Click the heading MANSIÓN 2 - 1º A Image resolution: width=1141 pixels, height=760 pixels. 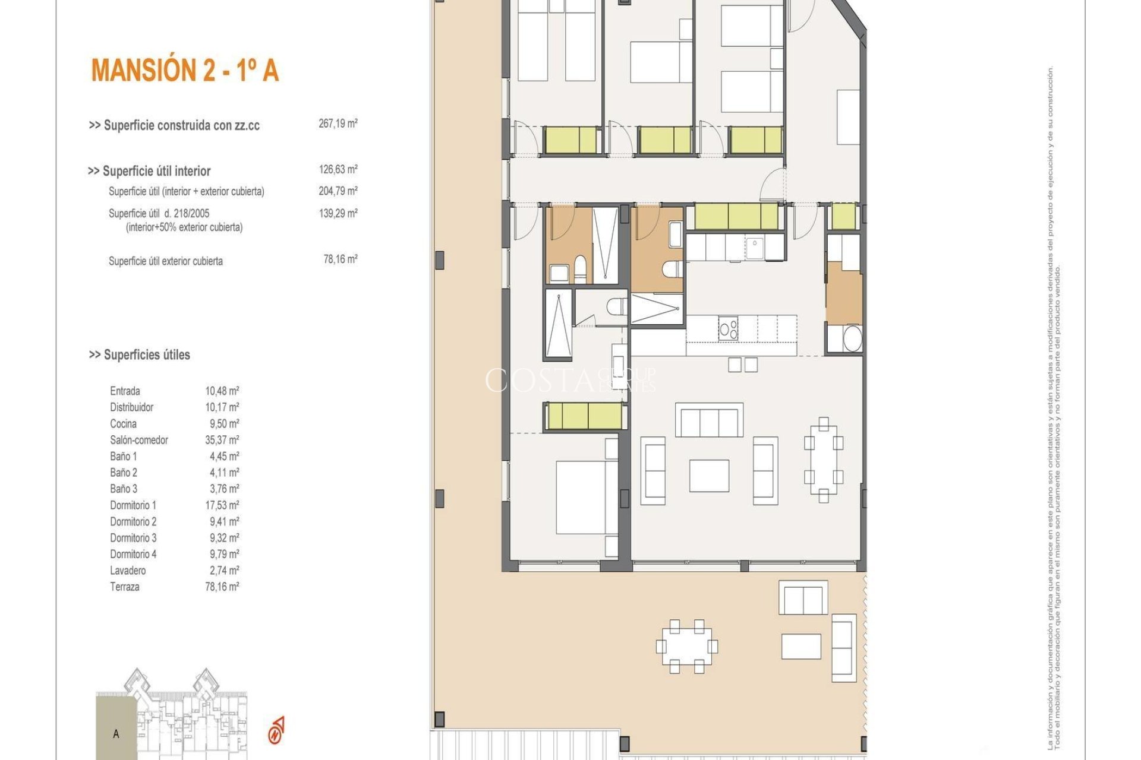click(185, 70)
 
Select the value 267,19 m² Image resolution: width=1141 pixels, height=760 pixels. click(338, 123)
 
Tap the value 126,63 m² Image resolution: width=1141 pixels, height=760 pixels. click(338, 169)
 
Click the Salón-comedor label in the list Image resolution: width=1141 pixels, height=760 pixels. click(138, 440)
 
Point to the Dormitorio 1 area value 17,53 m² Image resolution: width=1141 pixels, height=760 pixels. click(222, 505)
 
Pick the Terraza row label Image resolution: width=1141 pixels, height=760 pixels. click(124, 587)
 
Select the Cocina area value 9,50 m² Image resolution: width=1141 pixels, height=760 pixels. click(222, 423)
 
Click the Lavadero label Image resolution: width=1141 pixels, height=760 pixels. click(127, 571)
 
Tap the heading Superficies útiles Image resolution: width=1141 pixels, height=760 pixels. click(140, 354)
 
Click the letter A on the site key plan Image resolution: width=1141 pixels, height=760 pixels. click(116, 734)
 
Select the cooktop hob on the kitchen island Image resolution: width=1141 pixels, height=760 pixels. click(728, 328)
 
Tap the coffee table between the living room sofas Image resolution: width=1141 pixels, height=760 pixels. click(709, 476)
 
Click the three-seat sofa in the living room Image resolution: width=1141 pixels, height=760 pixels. click(709, 420)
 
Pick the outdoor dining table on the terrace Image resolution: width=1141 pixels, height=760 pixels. click(686, 646)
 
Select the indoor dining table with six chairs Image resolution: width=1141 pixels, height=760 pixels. click(823, 460)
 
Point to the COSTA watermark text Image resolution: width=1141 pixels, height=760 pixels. click(540, 380)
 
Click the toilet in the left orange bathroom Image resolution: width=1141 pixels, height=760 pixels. click(579, 270)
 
